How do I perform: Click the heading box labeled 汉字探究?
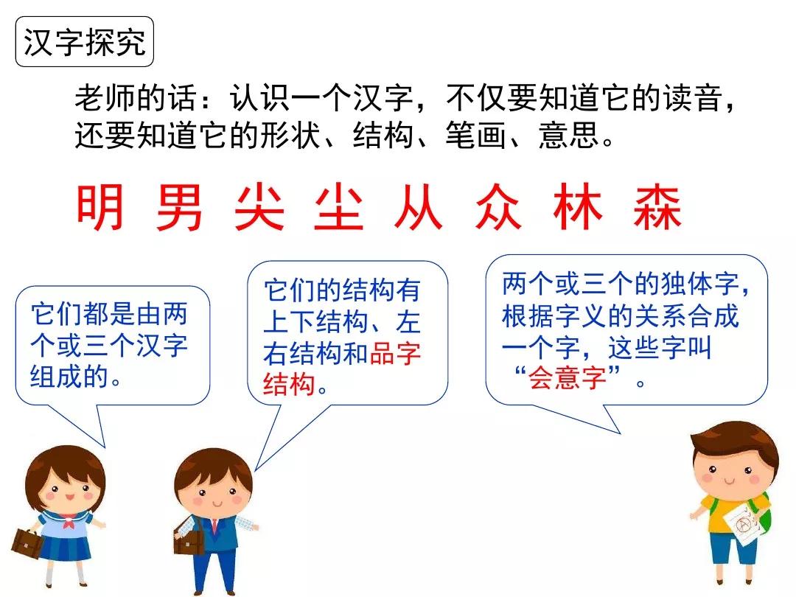[x=85, y=42]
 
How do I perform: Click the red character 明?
[x=101, y=208]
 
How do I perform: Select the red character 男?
[x=180, y=208]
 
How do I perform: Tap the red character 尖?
[x=259, y=208]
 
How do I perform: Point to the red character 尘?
[x=338, y=208]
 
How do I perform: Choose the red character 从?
[x=418, y=208]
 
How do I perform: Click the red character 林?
[x=577, y=208]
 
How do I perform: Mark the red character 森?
[x=657, y=208]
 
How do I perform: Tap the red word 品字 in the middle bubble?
[x=395, y=354]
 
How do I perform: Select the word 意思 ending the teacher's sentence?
[x=568, y=136]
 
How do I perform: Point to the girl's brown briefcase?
[x=27, y=543]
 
